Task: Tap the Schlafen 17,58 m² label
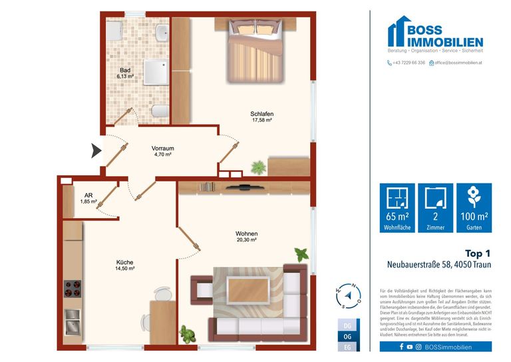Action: pyautogui.click(x=262, y=117)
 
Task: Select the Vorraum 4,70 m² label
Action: pyautogui.click(x=162, y=151)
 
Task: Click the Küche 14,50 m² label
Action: pyautogui.click(x=124, y=265)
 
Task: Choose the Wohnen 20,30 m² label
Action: pyautogui.click(x=246, y=237)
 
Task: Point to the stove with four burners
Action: pyautogui.click(x=73, y=288)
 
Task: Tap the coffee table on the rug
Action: pyautogui.click(x=247, y=291)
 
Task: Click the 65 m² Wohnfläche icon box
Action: pyautogui.click(x=397, y=207)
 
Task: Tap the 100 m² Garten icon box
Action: pyautogui.click(x=474, y=207)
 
